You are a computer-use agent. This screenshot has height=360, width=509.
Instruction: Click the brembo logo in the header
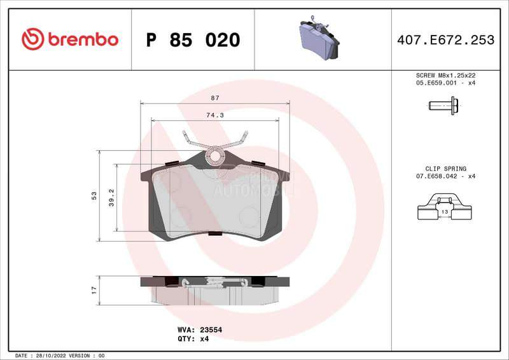point(70,39)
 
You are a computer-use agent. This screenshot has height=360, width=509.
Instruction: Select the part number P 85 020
point(193,40)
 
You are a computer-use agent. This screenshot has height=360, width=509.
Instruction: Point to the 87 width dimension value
point(214,97)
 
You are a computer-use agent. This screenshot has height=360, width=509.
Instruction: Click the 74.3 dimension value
point(214,115)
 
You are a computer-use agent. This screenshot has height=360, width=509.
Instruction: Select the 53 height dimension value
point(94,195)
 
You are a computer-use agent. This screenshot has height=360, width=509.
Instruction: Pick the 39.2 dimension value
point(111,197)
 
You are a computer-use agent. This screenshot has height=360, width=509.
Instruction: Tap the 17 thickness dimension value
point(94,289)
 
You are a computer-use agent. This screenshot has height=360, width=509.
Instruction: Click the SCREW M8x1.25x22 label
point(445,75)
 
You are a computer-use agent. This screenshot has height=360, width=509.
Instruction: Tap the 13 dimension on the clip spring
point(445,211)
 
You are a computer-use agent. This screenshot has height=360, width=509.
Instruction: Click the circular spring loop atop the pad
point(214,154)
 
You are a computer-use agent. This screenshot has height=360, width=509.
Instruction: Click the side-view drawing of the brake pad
point(214,289)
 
